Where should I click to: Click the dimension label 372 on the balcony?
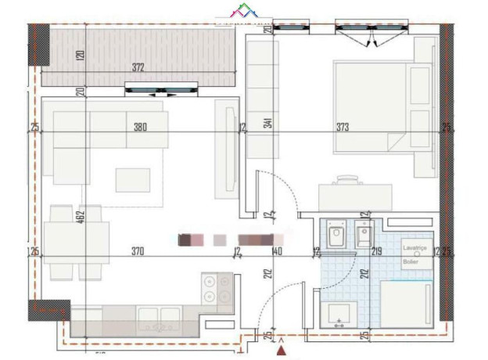pyautogui.click(x=138, y=68)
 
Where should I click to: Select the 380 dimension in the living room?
pyautogui.click(x=140, y=127)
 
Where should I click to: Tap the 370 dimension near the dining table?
pyautogui.click(x=137, y=251)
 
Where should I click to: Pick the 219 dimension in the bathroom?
pyautogui.click(x=376, y=251)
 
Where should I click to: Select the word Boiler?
pyautogui.click(x=411, y=262)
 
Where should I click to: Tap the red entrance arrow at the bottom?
pyautogui.click(x=282, y=351)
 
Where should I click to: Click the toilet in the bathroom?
pyautogui.click(x=337, y=236)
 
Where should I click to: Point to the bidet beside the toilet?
pyautogui.click(x=363, y=236)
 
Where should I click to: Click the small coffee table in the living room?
pyautogui.click(x=132, y=180)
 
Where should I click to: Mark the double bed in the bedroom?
pyautogui.click(x=373, y=105)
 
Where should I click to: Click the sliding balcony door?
pyautogui.click(x=162, y=92)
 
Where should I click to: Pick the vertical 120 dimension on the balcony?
pyautogui.click(x=80, y=56)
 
